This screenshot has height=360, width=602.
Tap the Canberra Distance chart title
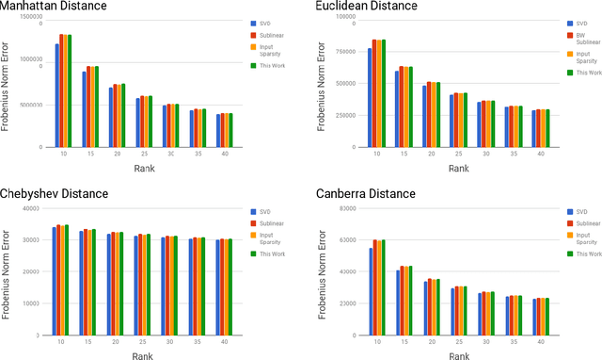[x=361, y=194]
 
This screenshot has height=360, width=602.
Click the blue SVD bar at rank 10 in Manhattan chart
[x=56, y=95]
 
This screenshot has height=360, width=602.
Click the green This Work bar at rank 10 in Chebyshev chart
[x=68, y=280]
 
